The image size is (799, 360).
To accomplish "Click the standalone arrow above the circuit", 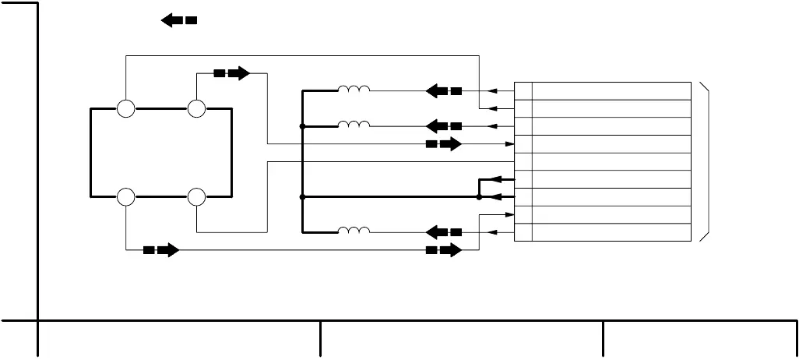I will pyautogui.click(x=178, y=20).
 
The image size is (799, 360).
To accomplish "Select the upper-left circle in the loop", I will pyautogui.click(x=125, y=108).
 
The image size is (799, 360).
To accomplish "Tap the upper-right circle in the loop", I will pyautogui.click(x=196, y=108).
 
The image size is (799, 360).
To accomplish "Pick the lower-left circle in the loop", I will pyautogui.click(x=125, y=197).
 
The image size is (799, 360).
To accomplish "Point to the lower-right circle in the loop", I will pyautogui.click(x=196, y=197).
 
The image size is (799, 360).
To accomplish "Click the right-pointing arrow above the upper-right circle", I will pyautogui.click(x=232, y=73).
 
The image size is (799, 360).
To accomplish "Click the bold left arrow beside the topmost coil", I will pyautogui.click(x=444, y=91).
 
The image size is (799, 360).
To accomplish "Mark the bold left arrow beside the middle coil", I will pyautogui.click(x=444, y=126).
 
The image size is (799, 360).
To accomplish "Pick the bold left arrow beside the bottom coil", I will pyautogui.click(x=444, y=232).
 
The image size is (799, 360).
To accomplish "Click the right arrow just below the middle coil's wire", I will pyautogui.click(x=444, y=144).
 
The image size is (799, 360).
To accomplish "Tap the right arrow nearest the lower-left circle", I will pyautogui.click(x=161, y=250).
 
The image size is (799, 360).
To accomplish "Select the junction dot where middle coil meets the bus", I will pyautogui.click(x=302, y=126).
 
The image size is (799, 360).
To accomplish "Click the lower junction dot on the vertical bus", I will pyautogui.click(x=302, y=197).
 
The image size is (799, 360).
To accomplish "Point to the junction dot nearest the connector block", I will pyautogui.click(x=479, y=197).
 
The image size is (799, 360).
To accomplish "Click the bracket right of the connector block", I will pyautogui.click(x=706, y=161).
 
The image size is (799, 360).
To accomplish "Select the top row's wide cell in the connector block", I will pyautogui.click(x=611, y=91).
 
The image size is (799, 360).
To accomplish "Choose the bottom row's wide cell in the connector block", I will pyautogui.click(x=611, y=232).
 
